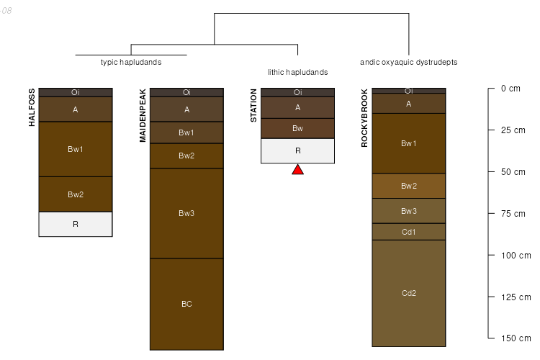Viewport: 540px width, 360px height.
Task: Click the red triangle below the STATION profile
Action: pyautogui.click(x=297, y=170)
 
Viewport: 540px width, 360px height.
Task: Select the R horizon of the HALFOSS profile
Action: pyautogui.click(x=76, y=224)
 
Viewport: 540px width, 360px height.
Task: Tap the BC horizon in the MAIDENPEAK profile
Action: pyautogui.click(x=186, y=304)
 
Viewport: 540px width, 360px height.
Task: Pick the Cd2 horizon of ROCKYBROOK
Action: pyautogui.click(x=409, y=293)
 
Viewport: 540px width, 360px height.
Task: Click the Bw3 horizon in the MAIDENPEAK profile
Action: pyautogui.click(x=186, y=213)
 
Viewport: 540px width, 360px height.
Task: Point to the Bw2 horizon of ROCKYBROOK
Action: pyautogui.click(x=409, y=186)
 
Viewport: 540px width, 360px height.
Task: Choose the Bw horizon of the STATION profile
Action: pyautogui.click(x=297, y=128)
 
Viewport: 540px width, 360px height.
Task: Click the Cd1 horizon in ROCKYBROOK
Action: pyautogui.click(x=409, y=232)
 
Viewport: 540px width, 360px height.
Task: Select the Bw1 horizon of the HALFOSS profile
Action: pyautogui.click(x=76, y=149)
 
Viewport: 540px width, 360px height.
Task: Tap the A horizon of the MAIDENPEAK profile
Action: pyautogui.click(x=186, y=109)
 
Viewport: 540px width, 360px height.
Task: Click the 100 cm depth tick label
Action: pyautogui.click(x=516, y=256)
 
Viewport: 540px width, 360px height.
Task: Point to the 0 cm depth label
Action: pyautogui.click(x=510, y=89)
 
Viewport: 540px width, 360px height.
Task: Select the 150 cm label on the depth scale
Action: pyautogui.click(x=516, y=338)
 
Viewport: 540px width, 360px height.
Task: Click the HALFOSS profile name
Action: pyautogui.click(x=32, y=107)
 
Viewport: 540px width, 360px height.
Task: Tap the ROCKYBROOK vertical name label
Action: pyautogui.click(x=364, y=118)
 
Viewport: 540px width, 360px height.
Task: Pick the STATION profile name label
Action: pyautogui.click(x=253, y=106)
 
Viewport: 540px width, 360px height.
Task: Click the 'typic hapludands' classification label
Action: pyautogui.click(x=131, y=63)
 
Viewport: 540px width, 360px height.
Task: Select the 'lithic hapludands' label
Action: pyautogui.click(x=297, y=73)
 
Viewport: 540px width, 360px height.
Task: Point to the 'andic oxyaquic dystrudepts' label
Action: pyautogui.click(x=409, y=63)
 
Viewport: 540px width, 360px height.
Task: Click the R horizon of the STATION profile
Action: pyautogui.click(x=297, y=151)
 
